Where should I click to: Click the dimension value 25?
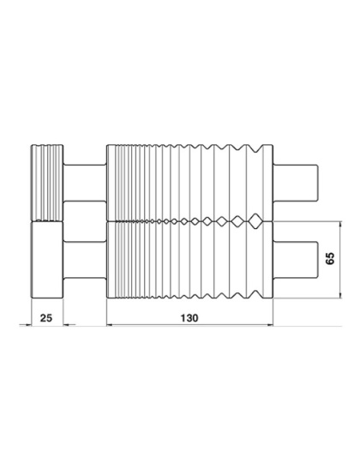(46, 318)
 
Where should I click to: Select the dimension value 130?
(189, 318)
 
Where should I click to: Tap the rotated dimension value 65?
(330, 258)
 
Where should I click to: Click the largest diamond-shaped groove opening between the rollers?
(255, 221)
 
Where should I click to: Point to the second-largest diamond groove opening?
(238, 221)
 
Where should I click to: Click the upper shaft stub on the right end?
(296, 184)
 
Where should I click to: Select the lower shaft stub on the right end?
(296, 260)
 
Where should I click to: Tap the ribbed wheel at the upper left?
(47, 183)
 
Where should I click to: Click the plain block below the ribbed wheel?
(47, 260)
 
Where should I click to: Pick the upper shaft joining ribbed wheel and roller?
(85, 184)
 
